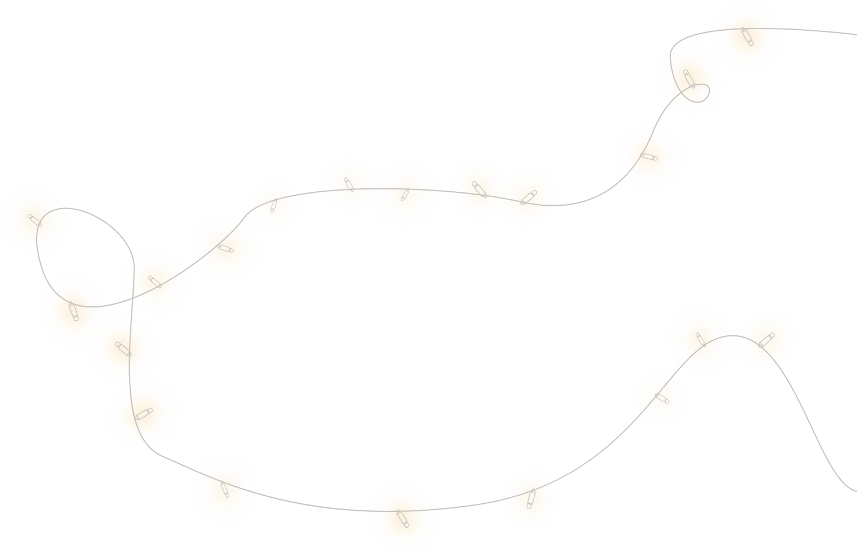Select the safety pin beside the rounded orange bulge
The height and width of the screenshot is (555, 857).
pyautogui.click(x=747, y=36)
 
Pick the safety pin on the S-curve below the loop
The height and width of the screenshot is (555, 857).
pyautogui.click(x=649, y=156)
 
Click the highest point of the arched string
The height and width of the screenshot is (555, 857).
pyautogui.click(x=731, y=335)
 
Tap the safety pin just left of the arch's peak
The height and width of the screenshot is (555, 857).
pyautogui.click(x=701, y=339)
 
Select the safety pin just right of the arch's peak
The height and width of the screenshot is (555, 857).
pyautogui.click(x=766, y=340)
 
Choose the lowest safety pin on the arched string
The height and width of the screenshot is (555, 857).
pyautogui.click(x=662, y=398)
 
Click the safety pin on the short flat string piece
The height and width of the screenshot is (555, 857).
pyautogui.click(x=402, y=518)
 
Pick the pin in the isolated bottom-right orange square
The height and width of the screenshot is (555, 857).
pyautogui.click(x=531, y=499)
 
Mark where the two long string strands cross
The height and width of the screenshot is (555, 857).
pyautogui.click(x=133, y=298)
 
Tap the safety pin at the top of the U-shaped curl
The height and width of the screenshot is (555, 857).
pyautogui.click(x=35, y=220)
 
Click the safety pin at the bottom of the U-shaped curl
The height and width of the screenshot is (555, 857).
pyautogui.click(x=73, y=311)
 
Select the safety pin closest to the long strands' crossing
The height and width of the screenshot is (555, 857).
pyautogui.click(x=155, y=282)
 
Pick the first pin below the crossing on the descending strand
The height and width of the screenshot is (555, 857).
pyautogui.click(x=123, y=349)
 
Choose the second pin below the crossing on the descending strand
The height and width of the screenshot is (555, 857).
pyautogui.click(x=143, y=414)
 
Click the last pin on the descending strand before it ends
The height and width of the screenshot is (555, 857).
pyautogui.click(x=224, y=489)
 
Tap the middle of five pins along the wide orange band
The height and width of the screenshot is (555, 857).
pyautogui.click(x=405, y=195)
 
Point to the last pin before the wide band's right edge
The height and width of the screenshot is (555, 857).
pyautogui.click(x=528, y=198)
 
